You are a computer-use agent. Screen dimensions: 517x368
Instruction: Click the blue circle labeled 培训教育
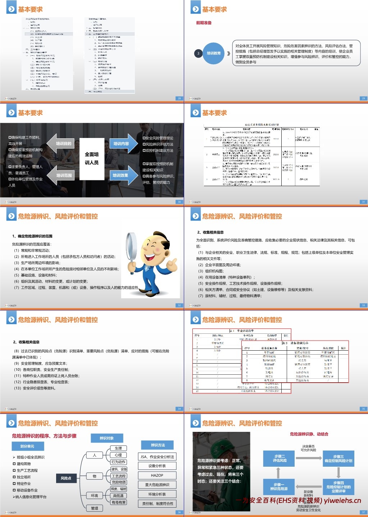click(x=214, y=53)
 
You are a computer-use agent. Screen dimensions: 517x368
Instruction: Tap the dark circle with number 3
click(x=198, y=54)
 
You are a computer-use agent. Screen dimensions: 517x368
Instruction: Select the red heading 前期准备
click(x=204, y=23)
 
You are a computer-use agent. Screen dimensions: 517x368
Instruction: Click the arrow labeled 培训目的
click(x=61, y=144)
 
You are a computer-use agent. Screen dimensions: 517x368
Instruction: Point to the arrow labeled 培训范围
click(x=61, y=175)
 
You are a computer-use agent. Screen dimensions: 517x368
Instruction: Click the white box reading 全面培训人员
click(x=92, y=158)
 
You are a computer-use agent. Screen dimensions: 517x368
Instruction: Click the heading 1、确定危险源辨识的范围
click(x=32, y=236)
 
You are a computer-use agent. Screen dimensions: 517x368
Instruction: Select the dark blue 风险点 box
click(x=66, y=478)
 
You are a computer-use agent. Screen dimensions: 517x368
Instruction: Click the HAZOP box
click(x=157, y=475)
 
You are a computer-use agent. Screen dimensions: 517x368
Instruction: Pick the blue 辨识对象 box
click(x=106, y=438)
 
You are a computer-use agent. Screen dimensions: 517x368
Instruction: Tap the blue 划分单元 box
click(x=27, y=446)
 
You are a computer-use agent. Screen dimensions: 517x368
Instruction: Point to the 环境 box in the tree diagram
click(x=95, y=495)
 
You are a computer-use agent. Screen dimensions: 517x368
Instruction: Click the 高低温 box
click(x=118, y=495)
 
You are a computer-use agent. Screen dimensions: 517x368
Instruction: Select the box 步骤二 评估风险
click(x=279, y=458)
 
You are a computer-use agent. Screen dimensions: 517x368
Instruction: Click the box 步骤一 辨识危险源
click(x=279, y=486)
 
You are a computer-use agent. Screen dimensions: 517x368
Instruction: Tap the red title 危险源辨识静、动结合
click(x=309, y=434)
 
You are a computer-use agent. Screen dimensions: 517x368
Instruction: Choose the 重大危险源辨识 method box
click(x=157, y=485)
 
